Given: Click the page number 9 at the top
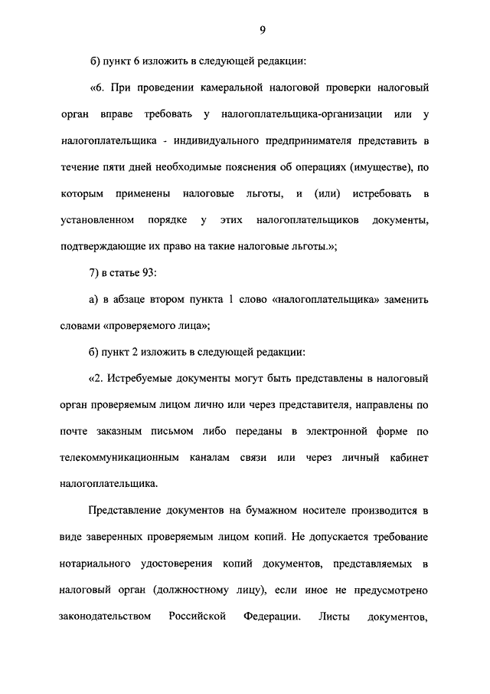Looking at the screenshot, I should (262, 30).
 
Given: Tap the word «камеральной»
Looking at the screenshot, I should (219, 87).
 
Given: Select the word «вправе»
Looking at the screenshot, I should (116, 114).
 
